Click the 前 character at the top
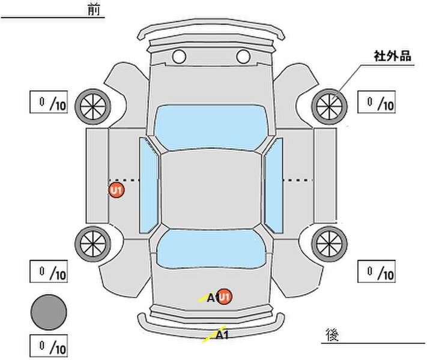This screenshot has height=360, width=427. pyautogui.click(x=94, y=10)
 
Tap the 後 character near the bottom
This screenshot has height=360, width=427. pyautogui.click(x=332, y=334)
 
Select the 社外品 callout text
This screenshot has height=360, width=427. pyautogui.click(x=392, y=56)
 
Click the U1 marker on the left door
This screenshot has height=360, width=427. pyautogui.click(x=117, y=190)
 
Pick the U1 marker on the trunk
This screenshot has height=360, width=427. pyautogui.click(x=225, y=296)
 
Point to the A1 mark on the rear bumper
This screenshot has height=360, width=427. pyautogui.click(x=222, y=335)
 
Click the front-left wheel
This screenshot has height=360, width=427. pyautogui.click(x=93, y=107)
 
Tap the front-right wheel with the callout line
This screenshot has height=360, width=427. pyautogui.click(x=329, y=107)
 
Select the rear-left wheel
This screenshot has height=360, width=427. pyautogui.click(x=93, y=244)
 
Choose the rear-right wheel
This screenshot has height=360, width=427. pyautogui.click(x=329, y=244)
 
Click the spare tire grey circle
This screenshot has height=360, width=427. pyautogui.click(x=49, y=313)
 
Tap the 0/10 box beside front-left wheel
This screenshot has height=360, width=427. pyautogui.click(x=49, y=102)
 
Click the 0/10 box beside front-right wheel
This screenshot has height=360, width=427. pyautogui.click(x=377, y=102)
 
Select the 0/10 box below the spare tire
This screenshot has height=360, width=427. pyautogui.click(x=49, y=346)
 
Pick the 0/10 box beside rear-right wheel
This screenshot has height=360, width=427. pyautogui.click(x=377, y=271)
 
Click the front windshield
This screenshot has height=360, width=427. pyautogui.click(x=211, y=127)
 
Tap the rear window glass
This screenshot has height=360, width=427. pyautogui.click(x=211, y=248)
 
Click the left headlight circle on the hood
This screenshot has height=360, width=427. pyautogui.click(x=179, y=56)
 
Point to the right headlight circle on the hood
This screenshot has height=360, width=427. pyautogui.click(x=243, y=56)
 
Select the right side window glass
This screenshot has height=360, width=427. pyautogui.click(x=274, y=186)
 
